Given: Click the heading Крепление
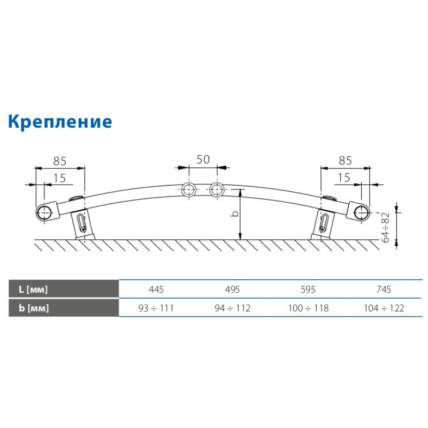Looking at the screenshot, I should (60, 121).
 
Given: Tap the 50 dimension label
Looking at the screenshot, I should (203, 159).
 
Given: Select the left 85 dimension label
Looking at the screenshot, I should (60, 159).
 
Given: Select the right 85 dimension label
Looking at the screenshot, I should (345, 159).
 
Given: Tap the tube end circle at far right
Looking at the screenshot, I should (362, 212).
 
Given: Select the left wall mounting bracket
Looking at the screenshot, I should (81, 224).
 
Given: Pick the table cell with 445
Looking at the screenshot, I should (156, 289).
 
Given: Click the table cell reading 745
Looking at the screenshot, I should (384, 289).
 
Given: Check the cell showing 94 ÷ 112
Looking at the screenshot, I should (232, 308).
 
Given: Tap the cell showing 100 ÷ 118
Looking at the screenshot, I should (308, 308).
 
